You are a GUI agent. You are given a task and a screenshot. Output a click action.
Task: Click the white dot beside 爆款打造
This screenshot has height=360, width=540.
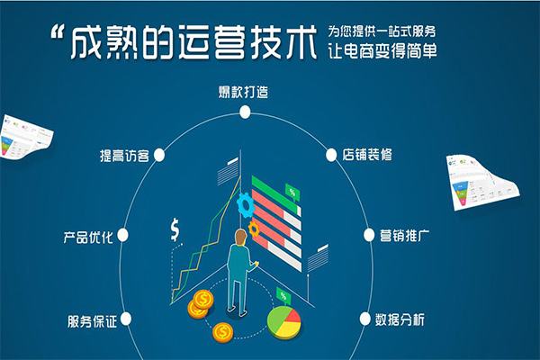243,112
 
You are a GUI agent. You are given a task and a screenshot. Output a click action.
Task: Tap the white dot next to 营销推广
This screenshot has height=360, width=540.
369,236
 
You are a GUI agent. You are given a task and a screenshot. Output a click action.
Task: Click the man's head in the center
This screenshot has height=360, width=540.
240,238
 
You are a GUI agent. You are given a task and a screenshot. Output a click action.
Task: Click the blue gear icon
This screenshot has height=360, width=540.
244,205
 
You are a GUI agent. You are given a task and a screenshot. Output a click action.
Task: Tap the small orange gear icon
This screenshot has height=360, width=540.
254,229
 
